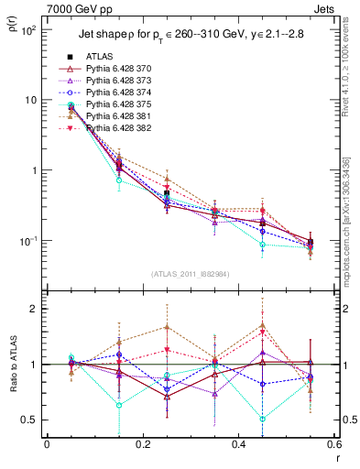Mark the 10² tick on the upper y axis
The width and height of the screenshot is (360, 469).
pos(27,30)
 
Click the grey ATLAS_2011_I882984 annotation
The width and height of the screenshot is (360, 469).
pos(190,276)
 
